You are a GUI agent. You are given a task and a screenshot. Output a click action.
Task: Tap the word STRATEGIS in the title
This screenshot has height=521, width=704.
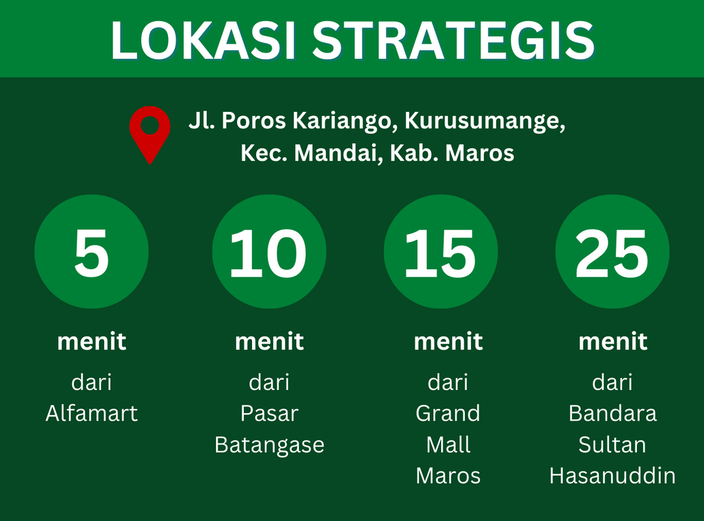453,41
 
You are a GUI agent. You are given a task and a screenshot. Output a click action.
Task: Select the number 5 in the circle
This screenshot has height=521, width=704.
91,252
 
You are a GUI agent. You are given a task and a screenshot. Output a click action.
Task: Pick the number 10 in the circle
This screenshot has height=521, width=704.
268,253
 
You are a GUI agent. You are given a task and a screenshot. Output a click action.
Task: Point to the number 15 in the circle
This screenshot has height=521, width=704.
440,253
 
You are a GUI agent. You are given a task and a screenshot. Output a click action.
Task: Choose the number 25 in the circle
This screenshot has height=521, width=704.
612,253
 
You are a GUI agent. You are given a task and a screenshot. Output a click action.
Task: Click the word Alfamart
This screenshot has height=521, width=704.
91,413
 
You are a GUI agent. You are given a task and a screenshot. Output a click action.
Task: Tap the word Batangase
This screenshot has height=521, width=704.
270,445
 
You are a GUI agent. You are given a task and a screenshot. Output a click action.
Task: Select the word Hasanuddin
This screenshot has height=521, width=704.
613,476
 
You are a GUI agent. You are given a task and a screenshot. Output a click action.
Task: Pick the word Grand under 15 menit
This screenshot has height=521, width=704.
448,413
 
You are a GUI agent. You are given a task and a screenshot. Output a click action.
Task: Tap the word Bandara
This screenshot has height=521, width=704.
613,413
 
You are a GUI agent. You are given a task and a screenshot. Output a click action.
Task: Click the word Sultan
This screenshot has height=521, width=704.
613,444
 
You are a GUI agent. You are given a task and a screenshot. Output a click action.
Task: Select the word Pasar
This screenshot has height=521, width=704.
270,413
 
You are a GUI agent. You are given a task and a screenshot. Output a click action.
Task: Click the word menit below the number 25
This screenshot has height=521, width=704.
613,342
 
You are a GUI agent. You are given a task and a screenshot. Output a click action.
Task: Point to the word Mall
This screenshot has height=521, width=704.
448,444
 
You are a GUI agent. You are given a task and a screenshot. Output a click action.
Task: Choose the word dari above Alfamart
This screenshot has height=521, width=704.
91,382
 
